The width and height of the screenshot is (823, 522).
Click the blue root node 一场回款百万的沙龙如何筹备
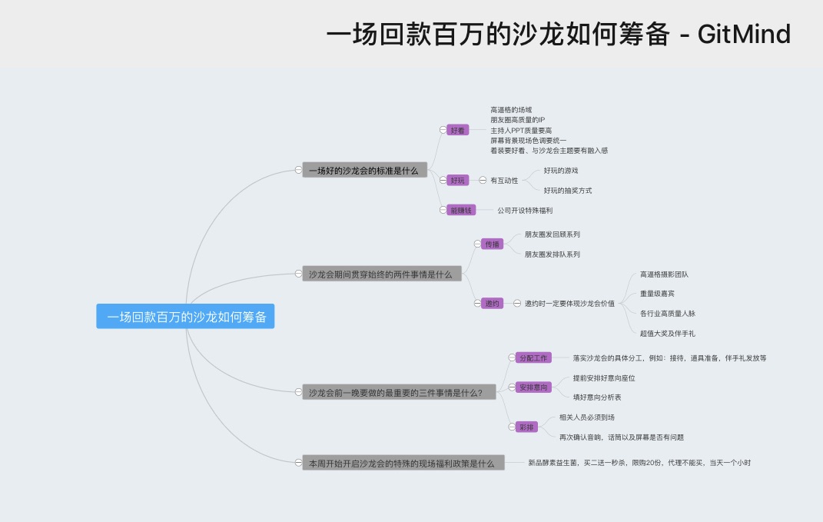(185, 317)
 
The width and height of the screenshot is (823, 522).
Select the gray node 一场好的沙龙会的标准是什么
(364, 171)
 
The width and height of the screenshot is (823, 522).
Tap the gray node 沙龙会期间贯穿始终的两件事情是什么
(381, 274)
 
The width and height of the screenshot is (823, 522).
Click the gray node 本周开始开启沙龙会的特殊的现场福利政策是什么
(403, 464)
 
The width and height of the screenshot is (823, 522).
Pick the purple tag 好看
(458, 130)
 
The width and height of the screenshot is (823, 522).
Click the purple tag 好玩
(458, 180)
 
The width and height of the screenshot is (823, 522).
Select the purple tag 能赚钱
(463, 210)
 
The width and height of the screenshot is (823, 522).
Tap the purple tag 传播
(493, 244)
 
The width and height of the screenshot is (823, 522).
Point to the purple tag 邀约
(493, 304)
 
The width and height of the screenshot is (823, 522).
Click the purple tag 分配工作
(533, 357)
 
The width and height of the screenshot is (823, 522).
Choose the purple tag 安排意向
(533, 387)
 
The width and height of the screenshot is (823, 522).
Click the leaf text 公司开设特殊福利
(525, 210)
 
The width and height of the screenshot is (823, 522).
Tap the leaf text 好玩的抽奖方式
(568, 190)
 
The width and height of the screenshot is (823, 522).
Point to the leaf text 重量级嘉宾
(657, 294)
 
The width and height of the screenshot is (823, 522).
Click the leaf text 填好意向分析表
(597, 397)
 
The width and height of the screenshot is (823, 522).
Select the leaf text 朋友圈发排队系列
(553, 254)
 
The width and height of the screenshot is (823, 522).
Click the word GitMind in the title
(744, 35)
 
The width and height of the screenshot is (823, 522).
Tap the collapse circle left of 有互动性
(483, 180)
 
